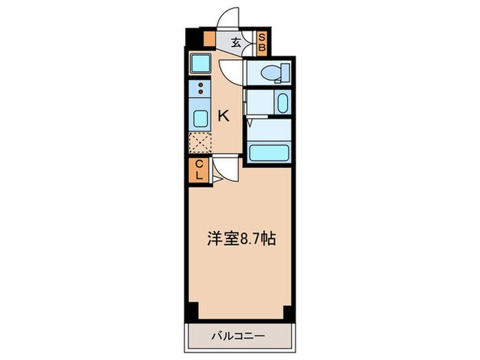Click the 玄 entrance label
click(235, 43)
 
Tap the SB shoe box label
click(261, 43)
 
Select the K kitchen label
click(223, 116)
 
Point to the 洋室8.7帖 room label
click(241, 240)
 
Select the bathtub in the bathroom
click(269, 152)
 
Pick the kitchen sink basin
click(200, 118)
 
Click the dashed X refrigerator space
click(200, 142)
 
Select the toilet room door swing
click(232, 71)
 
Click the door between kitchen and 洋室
click(224, 169)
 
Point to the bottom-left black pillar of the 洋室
click(193, 310)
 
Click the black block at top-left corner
click(193, 37)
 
